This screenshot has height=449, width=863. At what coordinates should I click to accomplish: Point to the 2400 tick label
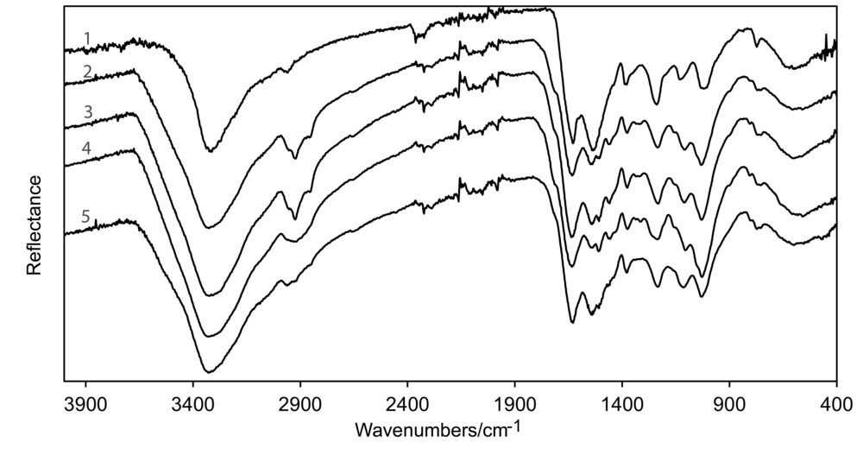[407, 402]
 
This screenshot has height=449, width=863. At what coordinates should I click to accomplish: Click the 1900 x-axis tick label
[514, 402]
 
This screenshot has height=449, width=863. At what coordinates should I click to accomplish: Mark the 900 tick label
[729, 402]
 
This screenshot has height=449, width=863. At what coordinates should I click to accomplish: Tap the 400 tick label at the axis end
[835, 402]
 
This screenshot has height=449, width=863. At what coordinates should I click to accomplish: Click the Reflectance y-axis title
[35, 224]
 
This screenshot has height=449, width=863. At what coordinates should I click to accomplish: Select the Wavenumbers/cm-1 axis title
[437, 429]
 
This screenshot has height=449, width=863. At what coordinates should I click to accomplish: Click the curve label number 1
[87, 37]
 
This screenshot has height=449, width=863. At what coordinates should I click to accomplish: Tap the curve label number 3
[87, 111]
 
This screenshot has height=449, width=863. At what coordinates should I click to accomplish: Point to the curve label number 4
[87, 148]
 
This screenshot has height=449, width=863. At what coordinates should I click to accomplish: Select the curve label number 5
[87, 215]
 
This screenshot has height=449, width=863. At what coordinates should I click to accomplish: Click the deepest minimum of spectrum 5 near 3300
[208, 372]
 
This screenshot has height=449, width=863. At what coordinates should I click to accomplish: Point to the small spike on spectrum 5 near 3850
[96, 221]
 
